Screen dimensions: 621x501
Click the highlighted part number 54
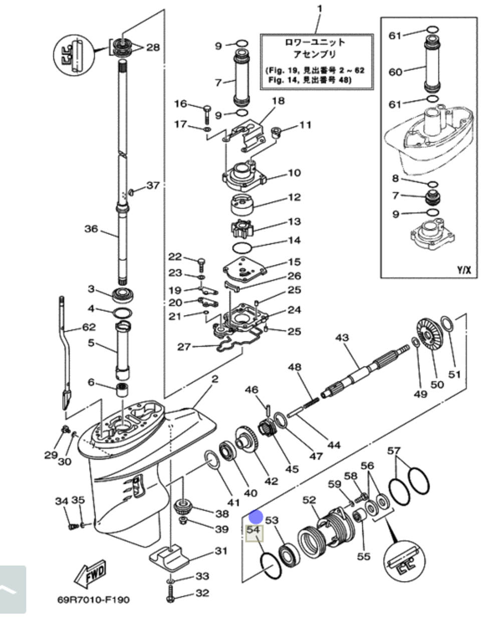254,531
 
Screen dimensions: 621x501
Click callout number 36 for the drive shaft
91,229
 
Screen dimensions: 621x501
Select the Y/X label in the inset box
463,270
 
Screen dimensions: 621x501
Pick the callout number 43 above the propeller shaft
342,338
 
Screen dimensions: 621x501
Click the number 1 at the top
320,9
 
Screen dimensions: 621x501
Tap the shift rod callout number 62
88,328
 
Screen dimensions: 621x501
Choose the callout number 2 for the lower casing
214,379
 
